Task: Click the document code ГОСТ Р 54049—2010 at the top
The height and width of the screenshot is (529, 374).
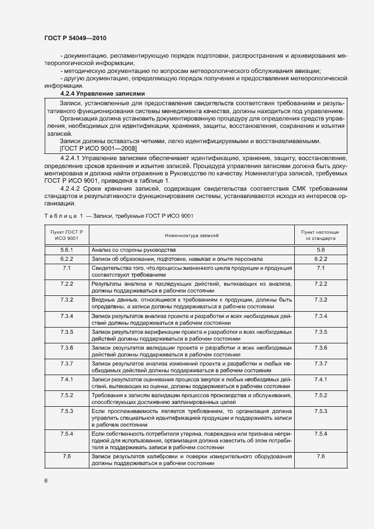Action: [75, 38]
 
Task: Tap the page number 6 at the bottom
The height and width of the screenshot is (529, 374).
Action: [46, 481]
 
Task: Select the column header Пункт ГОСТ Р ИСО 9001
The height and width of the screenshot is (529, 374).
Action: [66, 235]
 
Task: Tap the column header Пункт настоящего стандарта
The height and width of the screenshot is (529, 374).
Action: [320, 235]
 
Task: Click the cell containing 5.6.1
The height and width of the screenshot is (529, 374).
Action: [66, 250]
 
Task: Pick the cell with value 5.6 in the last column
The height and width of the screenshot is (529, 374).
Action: [320, 250]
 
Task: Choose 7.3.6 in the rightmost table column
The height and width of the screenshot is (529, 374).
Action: [320, 347]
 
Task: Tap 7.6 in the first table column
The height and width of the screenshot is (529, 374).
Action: [66, 456]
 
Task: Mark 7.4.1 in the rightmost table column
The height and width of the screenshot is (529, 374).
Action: [320, 379]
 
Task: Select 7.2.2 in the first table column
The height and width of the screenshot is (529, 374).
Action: [66, 283]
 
